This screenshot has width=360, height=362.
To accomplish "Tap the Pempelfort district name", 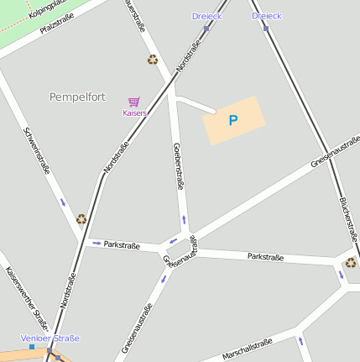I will (77, 97).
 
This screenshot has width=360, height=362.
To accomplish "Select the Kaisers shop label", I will (134, 113).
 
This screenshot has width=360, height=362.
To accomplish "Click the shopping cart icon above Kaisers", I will (133, 102).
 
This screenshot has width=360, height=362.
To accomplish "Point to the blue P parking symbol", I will (233, 120).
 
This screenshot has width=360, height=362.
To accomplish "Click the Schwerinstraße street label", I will (38, 150).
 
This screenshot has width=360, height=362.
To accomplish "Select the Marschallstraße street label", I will (248, 349).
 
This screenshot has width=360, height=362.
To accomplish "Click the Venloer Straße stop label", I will (50, 338).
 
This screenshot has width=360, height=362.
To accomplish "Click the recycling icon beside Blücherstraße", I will (350, 263).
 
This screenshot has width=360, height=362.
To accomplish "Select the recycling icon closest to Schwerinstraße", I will (81, 219).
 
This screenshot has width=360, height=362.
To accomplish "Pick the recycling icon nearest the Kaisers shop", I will (153, 60).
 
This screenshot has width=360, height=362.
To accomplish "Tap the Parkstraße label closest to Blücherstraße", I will (265, 257).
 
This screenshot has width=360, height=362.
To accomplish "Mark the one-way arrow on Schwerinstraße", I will (63, 202).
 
